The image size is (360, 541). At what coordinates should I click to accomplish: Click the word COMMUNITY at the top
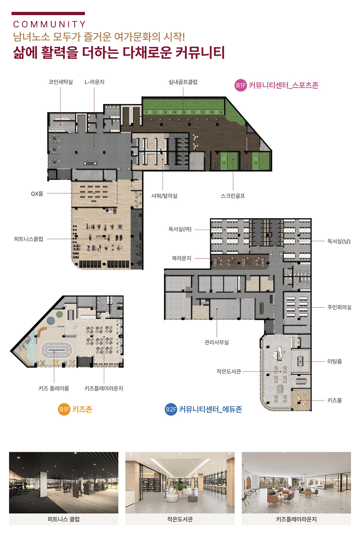[49, 24]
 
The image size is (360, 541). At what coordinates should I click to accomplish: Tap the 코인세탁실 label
[60, 82]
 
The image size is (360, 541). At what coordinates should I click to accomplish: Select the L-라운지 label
[94, 82]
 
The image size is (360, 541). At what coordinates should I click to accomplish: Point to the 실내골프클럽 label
[183, 82]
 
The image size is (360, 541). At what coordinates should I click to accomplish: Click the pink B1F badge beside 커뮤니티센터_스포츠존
[240, 85]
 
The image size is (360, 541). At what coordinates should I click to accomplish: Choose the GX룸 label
[37, 194]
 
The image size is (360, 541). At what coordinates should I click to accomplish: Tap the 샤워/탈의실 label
[164, 196]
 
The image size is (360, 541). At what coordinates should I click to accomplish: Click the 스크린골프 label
[233, 196]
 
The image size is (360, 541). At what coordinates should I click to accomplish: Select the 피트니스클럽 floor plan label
[28, 239]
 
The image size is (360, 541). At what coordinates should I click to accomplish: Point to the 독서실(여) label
[180, 229]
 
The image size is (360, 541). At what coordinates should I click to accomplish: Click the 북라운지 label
[181, 258]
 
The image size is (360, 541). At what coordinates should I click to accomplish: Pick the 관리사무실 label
[217, 342]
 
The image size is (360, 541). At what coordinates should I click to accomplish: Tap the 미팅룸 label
[335, 361]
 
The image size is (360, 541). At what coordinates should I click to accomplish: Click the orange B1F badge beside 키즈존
[64, 409]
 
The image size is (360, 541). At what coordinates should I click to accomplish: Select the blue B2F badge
[171, 409]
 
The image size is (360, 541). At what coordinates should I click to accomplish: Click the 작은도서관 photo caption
[180, 519]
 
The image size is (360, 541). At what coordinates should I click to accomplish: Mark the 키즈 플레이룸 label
[54, 388]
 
